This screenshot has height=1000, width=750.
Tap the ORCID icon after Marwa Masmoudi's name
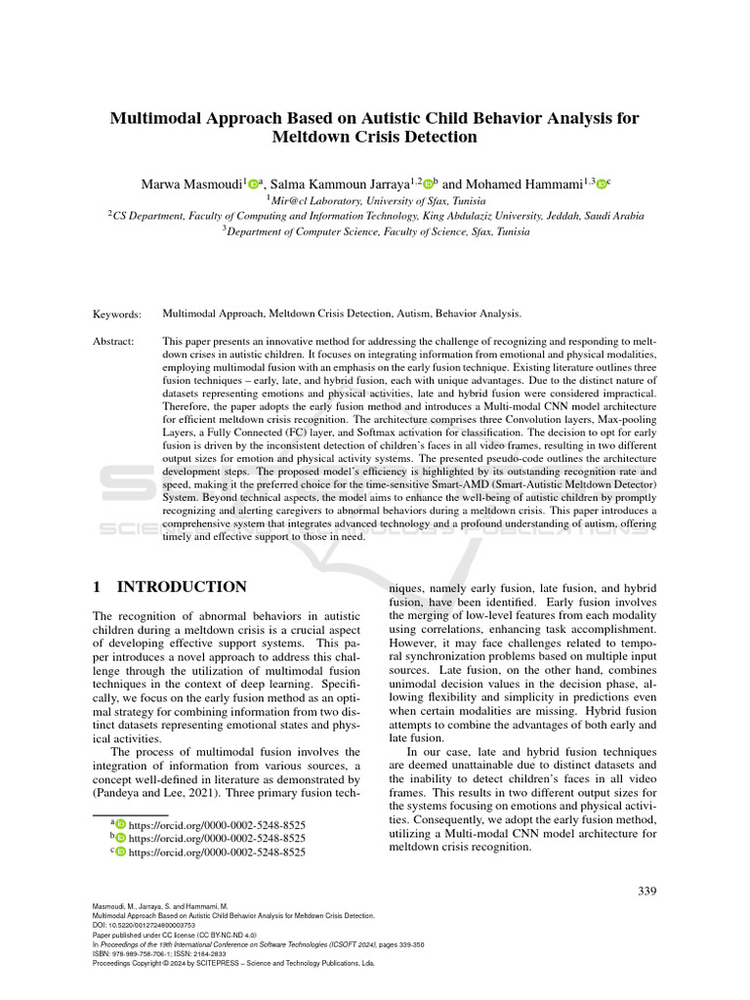(254, 184)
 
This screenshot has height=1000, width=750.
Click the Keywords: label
(117, 313)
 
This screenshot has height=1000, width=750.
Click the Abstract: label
(115, 341)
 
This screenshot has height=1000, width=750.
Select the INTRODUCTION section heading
(182, 587)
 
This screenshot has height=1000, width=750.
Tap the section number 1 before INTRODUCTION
(97, 587)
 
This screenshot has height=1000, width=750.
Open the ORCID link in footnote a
(217, 823)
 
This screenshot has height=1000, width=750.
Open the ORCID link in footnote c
(217, 852)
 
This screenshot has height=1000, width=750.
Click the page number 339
(646, 890)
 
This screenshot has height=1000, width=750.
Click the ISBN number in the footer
(146, 953)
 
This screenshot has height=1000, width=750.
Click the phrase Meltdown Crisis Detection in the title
(375, 137)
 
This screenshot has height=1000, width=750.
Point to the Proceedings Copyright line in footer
(232, 962)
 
